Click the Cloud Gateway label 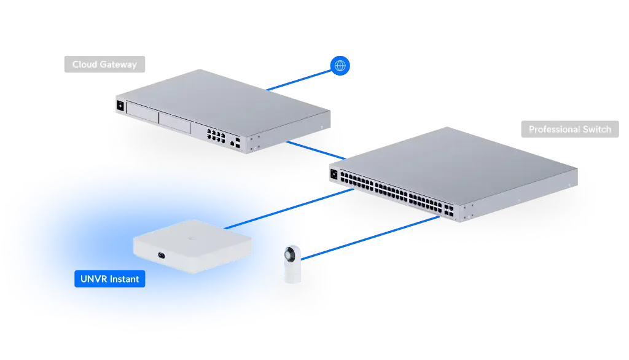click(x=104, y=65)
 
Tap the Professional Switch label click(x=569, y=130)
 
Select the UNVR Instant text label click(x=109, y=279)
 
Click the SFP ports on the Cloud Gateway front click(x=236, y=144)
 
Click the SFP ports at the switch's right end click(x=450, y=210)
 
